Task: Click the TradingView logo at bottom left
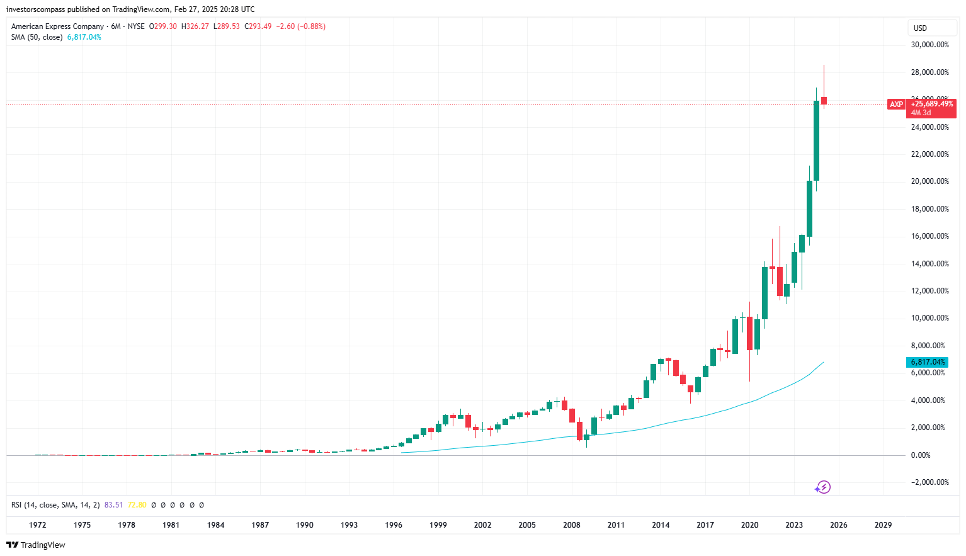(x=36, y=545)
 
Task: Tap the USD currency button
(x=920, y=28)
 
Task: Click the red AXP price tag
(x=896, y=105)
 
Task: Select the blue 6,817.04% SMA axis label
(x=928, y=362)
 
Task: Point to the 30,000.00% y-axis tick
(x=929, y=45)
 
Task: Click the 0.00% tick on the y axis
(x=920, y=455)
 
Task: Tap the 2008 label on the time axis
(x=571, y=525)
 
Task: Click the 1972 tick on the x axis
(x=38, y=525)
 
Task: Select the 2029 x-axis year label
(x=883, y=525)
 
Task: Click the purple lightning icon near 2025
(x=823, y=487)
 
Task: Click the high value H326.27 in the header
(x=195, y=26)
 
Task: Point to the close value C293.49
(x=258, y=26)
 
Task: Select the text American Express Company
(x=57, y=26)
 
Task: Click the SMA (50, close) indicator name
(x=37, y=37)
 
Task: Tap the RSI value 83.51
(x=113, y=505)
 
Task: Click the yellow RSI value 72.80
(x=137, y=505)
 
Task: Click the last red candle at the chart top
(x=824, y=101)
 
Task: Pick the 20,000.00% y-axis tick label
(x=929, y=181)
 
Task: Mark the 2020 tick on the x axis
(x=749, y=525)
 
